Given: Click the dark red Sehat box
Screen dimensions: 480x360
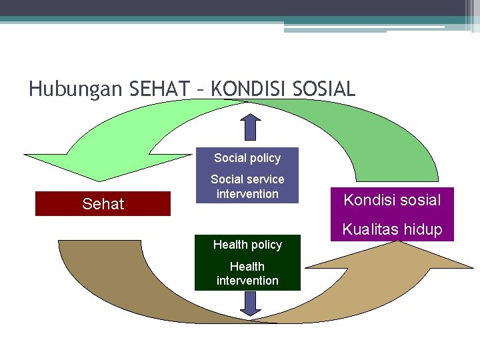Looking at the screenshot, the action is click(103, 204).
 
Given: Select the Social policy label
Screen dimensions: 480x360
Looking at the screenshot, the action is click(247, 158).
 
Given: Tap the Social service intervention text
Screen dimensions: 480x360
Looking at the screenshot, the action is click(247, 187).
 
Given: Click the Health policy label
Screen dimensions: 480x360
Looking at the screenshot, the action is click(247, 245).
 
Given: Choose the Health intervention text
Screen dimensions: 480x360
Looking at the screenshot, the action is click(247, 273).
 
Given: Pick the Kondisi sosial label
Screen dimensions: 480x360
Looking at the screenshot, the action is click(392, 199).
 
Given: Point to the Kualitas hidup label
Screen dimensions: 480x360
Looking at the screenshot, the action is click(392, 229).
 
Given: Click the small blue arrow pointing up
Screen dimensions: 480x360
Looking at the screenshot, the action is click(250, 127).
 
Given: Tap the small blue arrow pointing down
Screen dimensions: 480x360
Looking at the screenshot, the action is click(250, 303).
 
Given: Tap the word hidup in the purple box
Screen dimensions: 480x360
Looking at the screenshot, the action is click(420, 229).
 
